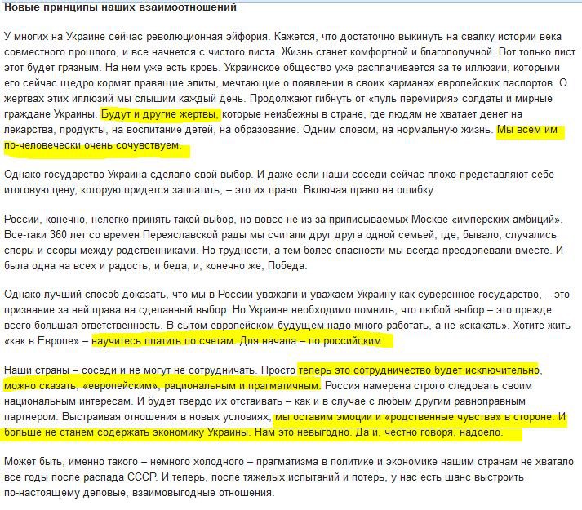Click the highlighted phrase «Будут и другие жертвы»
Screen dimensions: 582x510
pos(160,115)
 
